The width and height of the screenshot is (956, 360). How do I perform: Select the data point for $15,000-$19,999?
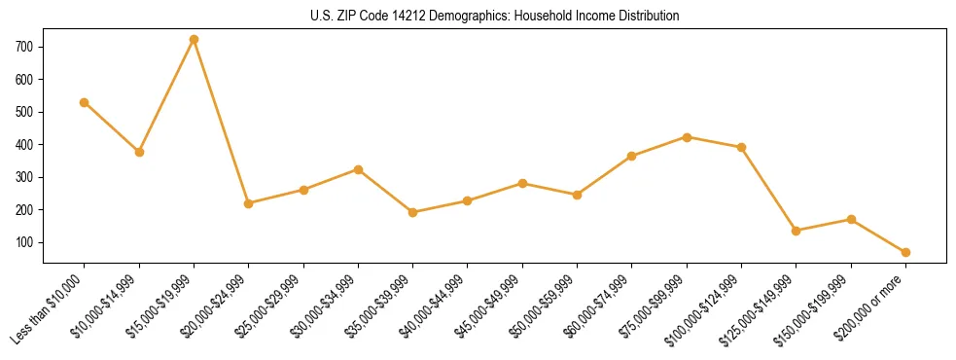(194, 40)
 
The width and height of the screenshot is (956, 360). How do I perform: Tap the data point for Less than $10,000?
(85, 102)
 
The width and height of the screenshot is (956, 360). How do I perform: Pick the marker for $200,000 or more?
(905, 252)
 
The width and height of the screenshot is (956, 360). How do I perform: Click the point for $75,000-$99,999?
(687, 137)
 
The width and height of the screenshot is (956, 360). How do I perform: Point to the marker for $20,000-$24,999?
(249, 203)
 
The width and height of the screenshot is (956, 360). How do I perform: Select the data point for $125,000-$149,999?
(797, 231)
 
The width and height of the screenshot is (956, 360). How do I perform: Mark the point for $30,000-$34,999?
(358, 169)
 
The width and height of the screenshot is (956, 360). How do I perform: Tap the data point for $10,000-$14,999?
(139, 152)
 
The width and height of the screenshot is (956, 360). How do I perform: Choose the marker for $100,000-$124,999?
(741, 148)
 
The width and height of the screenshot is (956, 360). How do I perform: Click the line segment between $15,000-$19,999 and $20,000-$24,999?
(222, 122)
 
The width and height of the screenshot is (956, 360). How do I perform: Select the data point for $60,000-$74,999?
(632, 156)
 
